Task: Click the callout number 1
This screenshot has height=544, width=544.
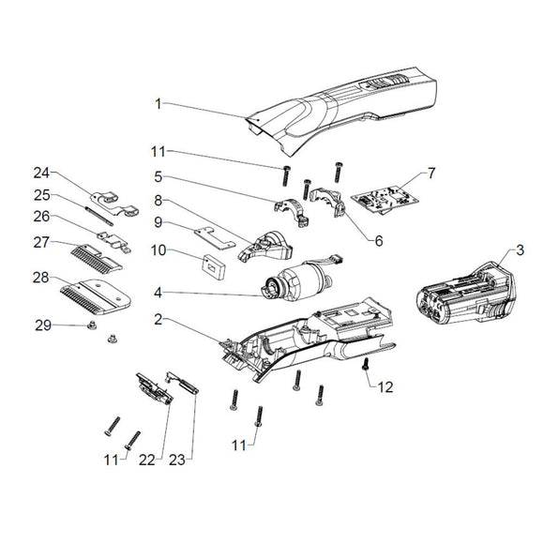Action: pos(159,102)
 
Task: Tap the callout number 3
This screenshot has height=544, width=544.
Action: pos(519,251)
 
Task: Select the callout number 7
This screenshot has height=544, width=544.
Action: pos(431,174)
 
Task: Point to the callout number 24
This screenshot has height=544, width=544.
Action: pos(39,173)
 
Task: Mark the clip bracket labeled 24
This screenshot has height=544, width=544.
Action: pos(113,200)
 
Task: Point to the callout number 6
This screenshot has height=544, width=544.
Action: pos(379,241)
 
